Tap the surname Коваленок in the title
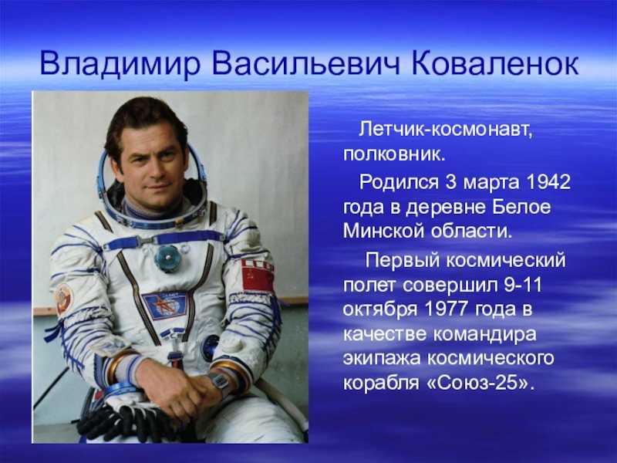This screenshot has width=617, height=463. click(495, 63)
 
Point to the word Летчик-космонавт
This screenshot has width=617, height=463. click(446, 129)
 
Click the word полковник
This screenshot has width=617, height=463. click(394, 154)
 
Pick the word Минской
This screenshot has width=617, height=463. click(383, 230)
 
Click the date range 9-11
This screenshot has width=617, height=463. click(523, 285)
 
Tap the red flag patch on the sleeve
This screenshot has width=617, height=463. click(258, 275)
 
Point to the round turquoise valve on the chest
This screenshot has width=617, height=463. click(167, 258)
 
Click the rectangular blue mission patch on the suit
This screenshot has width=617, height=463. click(164, 306)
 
